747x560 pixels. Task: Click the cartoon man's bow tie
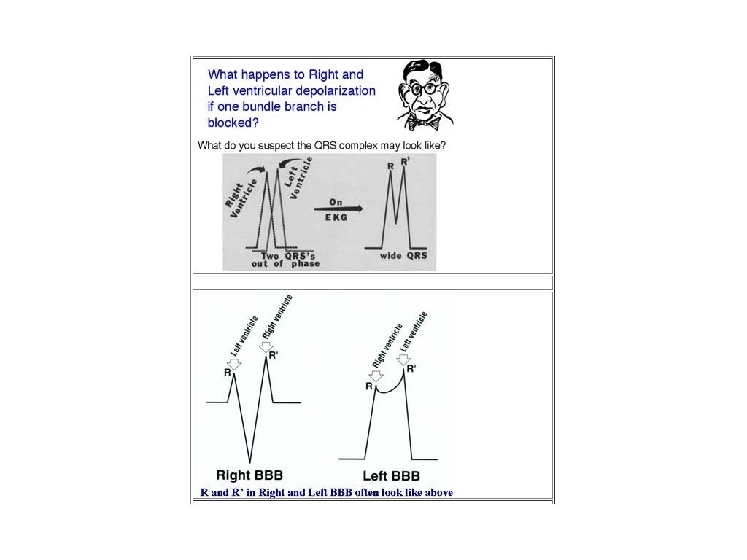[x=425, y=122]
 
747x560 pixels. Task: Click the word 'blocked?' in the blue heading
[x=233, y=122]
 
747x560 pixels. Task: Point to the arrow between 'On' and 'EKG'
[x=338, y=209]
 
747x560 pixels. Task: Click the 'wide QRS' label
[x=403, y=256]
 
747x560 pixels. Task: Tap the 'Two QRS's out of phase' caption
[x=285, y=260]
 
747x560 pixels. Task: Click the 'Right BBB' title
[x=249, y=475]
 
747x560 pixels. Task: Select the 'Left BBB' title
[x=392, y=475]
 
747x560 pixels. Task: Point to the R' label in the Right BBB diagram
[x=274, y=355]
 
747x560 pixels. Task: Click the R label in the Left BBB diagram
[x=368, y=386]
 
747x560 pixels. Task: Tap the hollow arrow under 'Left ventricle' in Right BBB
[x=234, y=363]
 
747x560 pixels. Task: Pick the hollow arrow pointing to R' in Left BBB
[x=403, y=359]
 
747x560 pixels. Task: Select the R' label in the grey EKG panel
[x=406, y=161]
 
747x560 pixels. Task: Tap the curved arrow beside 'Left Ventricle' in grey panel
[x=287, y=163]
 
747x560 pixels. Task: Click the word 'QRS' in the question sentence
[x=323, y=146]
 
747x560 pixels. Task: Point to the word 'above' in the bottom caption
[x=438, y=492]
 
